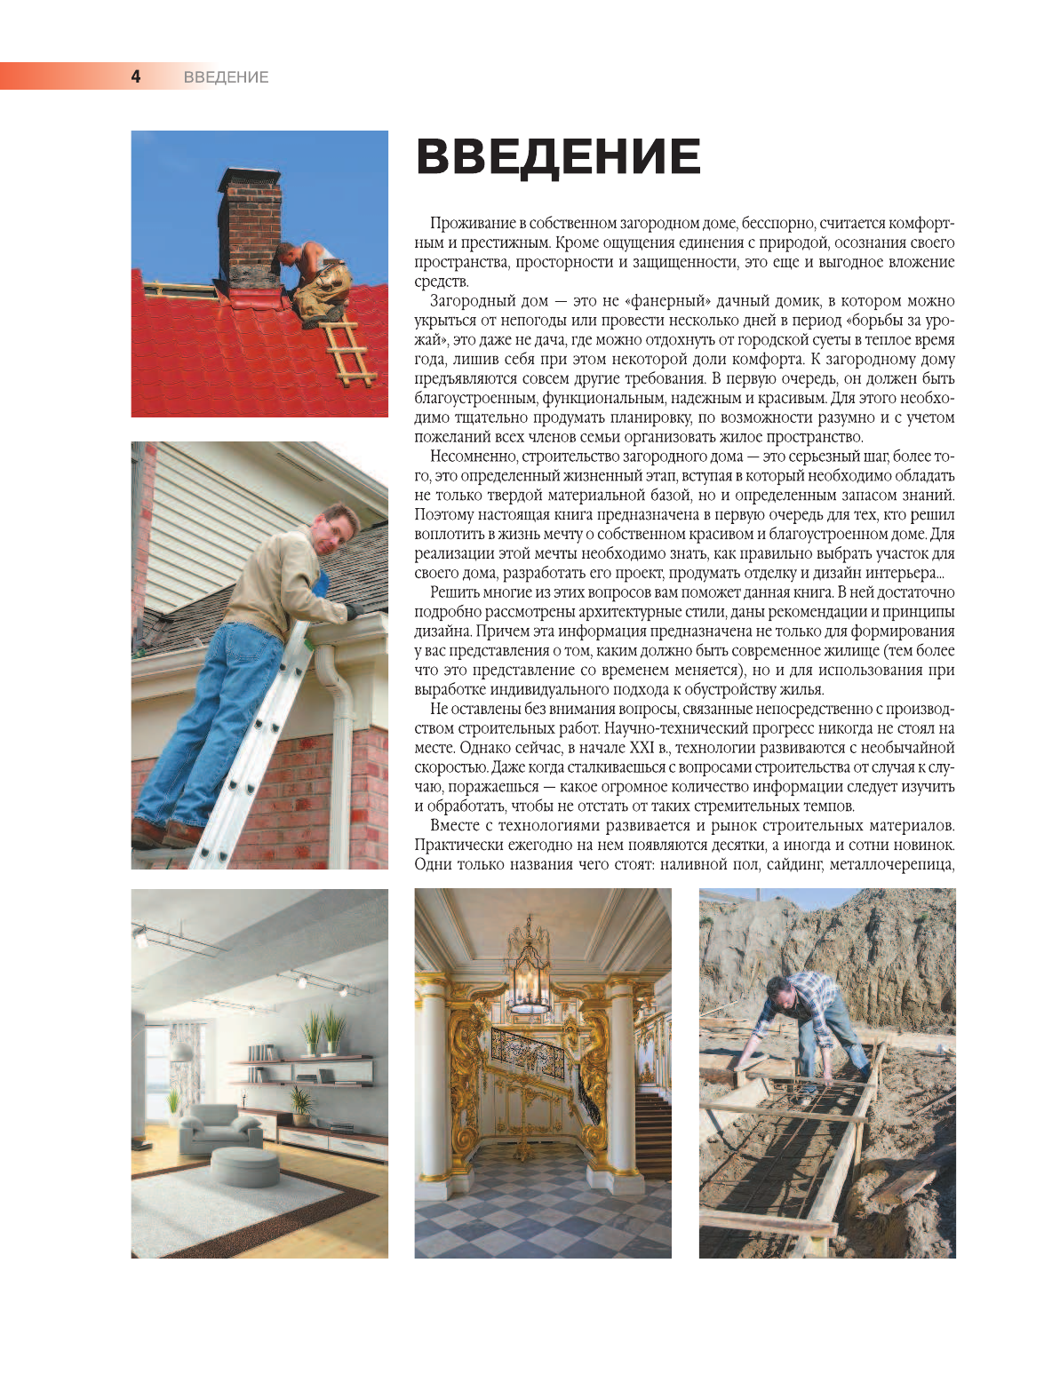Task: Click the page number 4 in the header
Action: coord(136,76)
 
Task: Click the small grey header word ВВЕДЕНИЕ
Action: coord(226,77)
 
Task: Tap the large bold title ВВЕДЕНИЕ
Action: coord(558,157)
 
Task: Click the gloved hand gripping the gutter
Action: coord(352,611)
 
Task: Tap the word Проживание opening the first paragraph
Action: coord(474,223)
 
